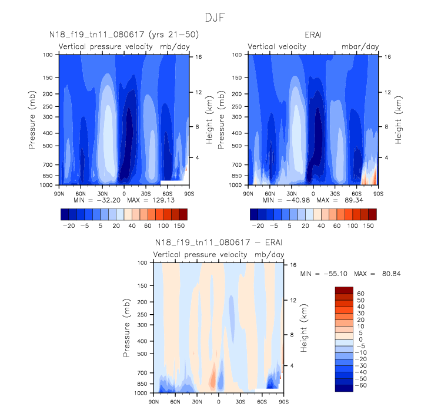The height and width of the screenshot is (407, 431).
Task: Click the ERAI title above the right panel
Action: pyautogui.click(x=313, y=35)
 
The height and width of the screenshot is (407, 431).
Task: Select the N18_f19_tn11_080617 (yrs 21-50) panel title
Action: pyautogui.click(x=123, y=35)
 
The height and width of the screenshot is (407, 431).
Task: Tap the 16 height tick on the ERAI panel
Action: pyautogui.click(x=387, y=57)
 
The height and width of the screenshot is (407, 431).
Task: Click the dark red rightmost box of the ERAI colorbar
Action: pyautogui.click(x=372, y=213)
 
